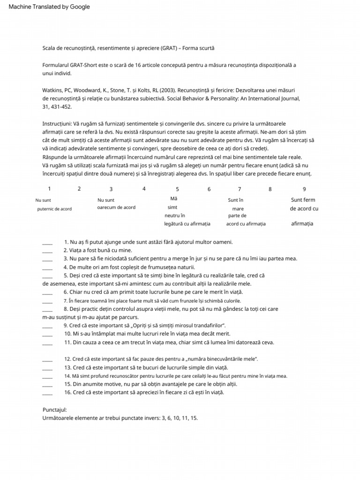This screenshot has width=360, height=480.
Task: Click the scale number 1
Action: pyautogui.click(x=49, y=189)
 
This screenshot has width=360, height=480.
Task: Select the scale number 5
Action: pyautogui.click(x=177, y=189)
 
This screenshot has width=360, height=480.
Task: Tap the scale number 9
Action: pyautogui.click(x=304, y=189)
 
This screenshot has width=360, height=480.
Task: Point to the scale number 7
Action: pyautogui.click(x=240, y=189)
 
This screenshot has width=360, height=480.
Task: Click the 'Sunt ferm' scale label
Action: pyautogui.click(x=303, y=200)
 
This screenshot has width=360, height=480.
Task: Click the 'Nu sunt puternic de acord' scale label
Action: pyautogui.click(x=54, y=204)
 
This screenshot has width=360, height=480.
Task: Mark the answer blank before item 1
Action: pyautogui.click(x=47, y=242)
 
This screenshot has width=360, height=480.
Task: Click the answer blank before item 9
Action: pyautogui.click(x=47, y=326)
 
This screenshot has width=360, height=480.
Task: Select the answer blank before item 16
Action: pyautogui.click(x=47, y=393)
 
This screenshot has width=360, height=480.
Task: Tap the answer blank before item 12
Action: pyautogui.click(x=47, y=359)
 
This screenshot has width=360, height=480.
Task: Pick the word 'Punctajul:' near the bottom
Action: pyautogui.click(x=55, y=409)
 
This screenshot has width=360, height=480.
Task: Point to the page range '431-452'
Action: pyautogui.click(x=60, y=107)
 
